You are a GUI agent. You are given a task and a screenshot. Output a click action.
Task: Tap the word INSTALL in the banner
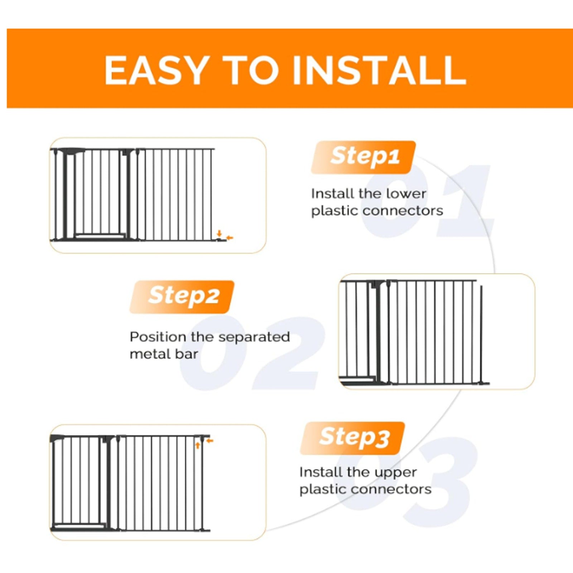pos(379,70)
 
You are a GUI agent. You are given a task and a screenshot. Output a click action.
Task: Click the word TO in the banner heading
pos(251,70)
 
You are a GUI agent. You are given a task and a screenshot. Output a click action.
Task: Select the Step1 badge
pos(363,157)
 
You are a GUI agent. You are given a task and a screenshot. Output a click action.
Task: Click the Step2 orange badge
pos(182,297)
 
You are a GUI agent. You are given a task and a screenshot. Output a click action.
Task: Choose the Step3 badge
pos(353,438)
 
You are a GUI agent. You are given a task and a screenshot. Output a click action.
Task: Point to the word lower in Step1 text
pos(406,194)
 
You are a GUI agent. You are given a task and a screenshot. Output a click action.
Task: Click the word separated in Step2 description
pos(254,337)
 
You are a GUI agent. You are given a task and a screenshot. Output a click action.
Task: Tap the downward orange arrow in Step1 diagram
pos(220,233)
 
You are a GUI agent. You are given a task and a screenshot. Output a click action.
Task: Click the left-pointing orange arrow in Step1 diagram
pos(230,237)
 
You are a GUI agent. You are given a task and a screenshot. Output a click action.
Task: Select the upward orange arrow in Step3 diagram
pos(197,446)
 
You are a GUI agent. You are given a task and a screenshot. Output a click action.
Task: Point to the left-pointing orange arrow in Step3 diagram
pos(210,440)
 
